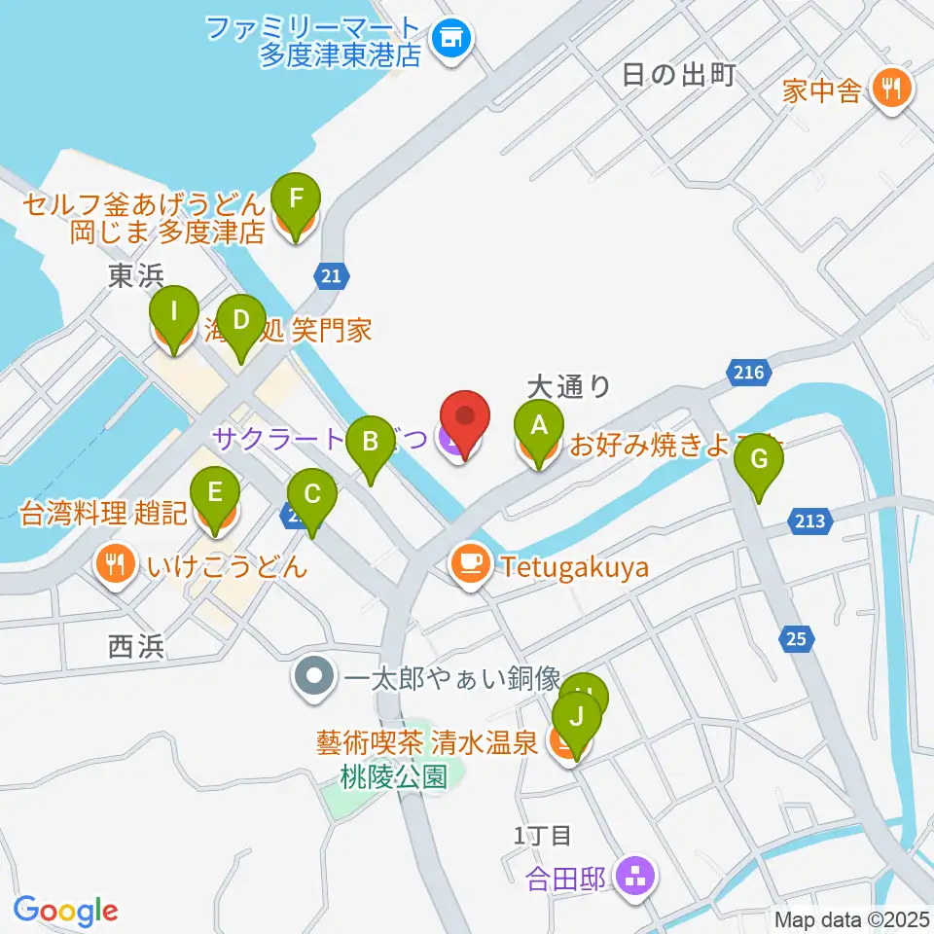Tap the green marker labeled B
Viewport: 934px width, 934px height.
[370, 443]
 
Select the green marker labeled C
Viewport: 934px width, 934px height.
[311, 496]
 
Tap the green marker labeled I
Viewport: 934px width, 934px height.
[173, 316]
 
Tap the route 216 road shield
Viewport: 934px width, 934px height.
[748, 372]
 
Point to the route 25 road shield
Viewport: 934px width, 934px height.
[796, 638]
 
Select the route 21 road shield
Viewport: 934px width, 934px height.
[331, 277]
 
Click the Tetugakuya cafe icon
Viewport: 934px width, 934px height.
[471, 565]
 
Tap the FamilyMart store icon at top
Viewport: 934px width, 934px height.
[450, 39]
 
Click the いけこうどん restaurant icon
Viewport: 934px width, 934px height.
[115, 565]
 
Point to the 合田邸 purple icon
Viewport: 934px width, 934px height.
[636, 878]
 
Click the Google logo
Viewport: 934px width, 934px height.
[66, 910]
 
